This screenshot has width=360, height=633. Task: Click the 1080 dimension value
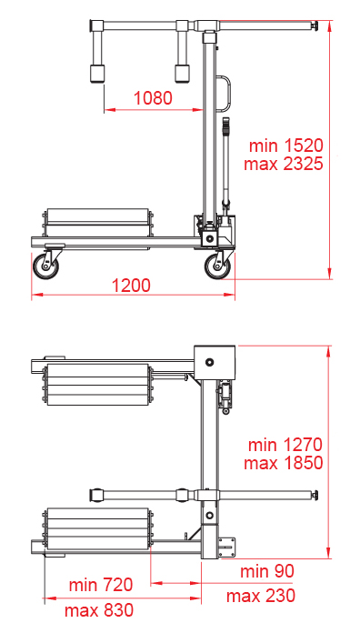coord(153,97)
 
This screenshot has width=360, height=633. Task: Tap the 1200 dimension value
coord(131,286)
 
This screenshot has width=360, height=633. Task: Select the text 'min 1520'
coord(286,146)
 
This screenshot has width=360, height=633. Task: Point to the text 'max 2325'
coord(284,164)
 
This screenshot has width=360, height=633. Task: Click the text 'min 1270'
coord(285,445)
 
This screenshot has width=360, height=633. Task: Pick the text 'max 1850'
coord(284,463)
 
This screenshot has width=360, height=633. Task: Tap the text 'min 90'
coord(267,571)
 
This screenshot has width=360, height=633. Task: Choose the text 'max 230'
coord(261,596)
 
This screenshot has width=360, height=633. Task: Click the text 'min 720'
coord(101,585)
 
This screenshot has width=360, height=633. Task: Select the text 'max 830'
coord(99,610)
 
